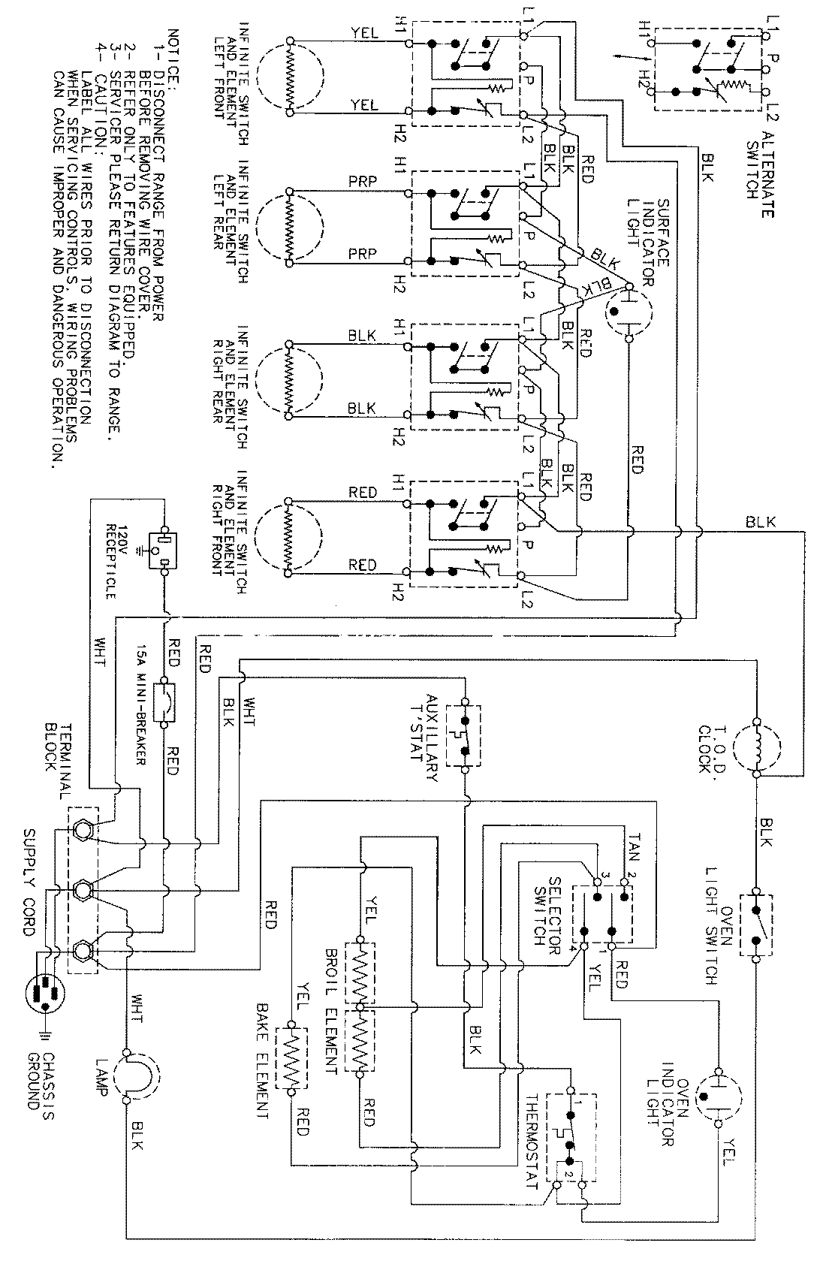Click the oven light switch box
coord(755,925)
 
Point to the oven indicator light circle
coord(719,1097)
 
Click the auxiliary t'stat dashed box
coord(464,735)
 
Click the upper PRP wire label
coord(363,182)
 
